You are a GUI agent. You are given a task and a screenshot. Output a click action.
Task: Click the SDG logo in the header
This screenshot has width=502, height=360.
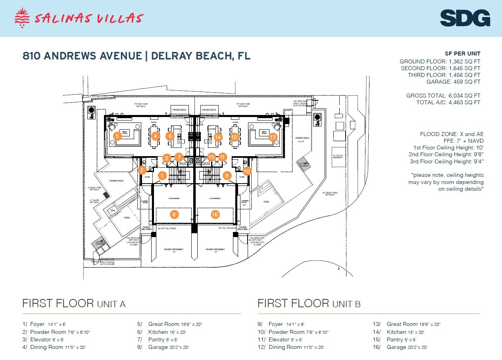coord(465,19)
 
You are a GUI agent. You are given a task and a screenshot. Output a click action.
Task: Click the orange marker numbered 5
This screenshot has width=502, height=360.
coord(117,136)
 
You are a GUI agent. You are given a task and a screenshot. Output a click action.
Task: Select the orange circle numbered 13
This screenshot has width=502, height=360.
coord(272,138)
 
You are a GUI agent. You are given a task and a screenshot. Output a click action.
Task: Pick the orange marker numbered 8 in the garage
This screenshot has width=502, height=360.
coord(174,215)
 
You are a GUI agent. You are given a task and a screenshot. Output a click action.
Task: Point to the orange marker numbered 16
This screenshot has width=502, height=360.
coord(215,215)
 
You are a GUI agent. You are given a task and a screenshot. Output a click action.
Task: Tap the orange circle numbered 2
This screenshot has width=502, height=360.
coord(142,170)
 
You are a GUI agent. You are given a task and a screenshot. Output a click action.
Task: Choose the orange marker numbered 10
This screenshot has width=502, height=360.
coord(247,171)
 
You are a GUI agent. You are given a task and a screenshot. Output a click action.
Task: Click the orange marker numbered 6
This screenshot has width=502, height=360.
coord(170,136)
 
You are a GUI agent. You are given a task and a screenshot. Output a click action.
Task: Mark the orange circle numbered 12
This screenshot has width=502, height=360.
coord(234,137)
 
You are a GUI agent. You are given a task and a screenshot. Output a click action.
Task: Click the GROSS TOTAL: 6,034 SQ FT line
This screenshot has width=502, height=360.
coord(443,96)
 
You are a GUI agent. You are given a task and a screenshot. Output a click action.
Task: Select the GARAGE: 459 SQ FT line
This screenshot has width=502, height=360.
coord(453,82)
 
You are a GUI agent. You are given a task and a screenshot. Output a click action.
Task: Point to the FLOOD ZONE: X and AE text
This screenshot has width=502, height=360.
coord(452,134)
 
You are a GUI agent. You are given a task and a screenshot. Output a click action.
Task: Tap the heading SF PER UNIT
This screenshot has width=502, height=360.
coord(462,54)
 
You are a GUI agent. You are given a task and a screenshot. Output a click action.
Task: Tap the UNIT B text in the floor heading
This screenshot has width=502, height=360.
coord(346,304)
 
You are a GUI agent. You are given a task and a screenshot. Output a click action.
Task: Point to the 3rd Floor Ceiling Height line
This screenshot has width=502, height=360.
coord(446,161)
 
